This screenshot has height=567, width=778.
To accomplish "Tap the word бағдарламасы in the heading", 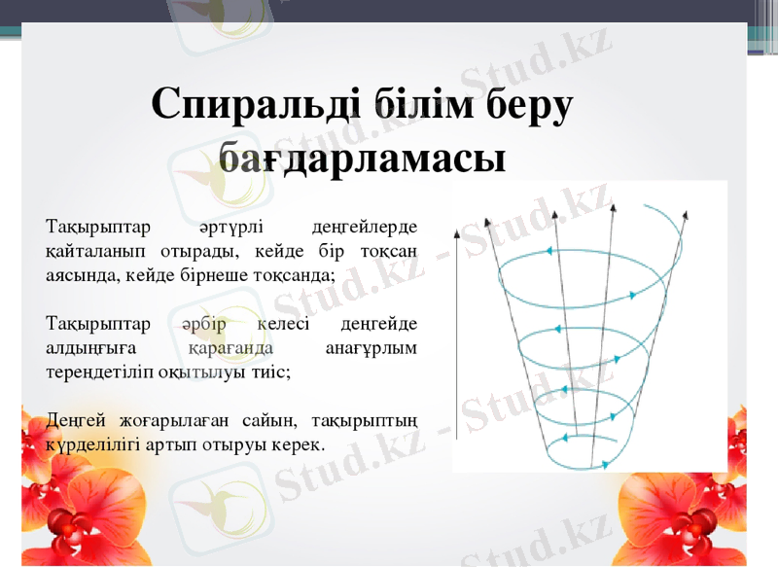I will pos(362,157).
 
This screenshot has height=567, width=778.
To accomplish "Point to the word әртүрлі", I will pos(229,228).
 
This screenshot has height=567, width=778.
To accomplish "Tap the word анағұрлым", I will pos(371,347).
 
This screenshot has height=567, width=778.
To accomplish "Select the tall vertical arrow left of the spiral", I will pos(456,331).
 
